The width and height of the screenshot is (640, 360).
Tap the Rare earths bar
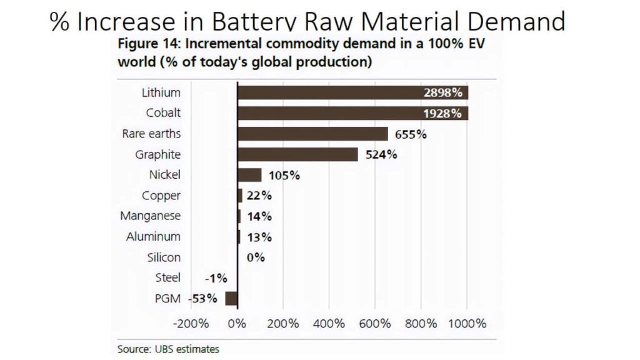point(312,134)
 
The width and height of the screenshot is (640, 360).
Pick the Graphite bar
point(297,154)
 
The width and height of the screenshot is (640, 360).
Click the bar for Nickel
point(249,175)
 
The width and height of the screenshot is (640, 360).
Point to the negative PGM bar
point(231,298)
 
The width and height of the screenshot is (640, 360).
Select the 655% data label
point(411,134)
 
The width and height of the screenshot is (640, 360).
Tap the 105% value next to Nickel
point(284,176)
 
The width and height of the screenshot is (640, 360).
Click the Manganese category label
point(150,216)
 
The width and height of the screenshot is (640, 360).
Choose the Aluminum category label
point(153,236)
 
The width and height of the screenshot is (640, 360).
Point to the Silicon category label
point(164,257)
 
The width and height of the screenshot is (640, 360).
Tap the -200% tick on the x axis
point(191,324)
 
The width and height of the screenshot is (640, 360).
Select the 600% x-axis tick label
point(375,324)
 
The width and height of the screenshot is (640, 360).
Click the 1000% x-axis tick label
point(467,324)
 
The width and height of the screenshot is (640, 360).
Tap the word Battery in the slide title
point(257,22)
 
